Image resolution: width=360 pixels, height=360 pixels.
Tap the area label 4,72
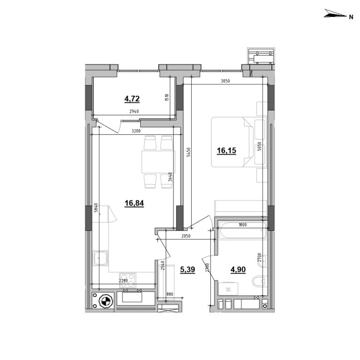(132, 99)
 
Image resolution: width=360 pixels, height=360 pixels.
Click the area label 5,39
(187, 270)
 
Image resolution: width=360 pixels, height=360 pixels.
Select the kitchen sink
(101, 258)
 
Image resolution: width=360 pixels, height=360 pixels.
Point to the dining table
(158, 161)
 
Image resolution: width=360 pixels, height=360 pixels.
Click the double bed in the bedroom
(232, 142)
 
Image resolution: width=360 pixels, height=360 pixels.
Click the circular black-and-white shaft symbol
(105, 301)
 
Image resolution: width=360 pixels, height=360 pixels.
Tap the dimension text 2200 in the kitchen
(122, 281)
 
